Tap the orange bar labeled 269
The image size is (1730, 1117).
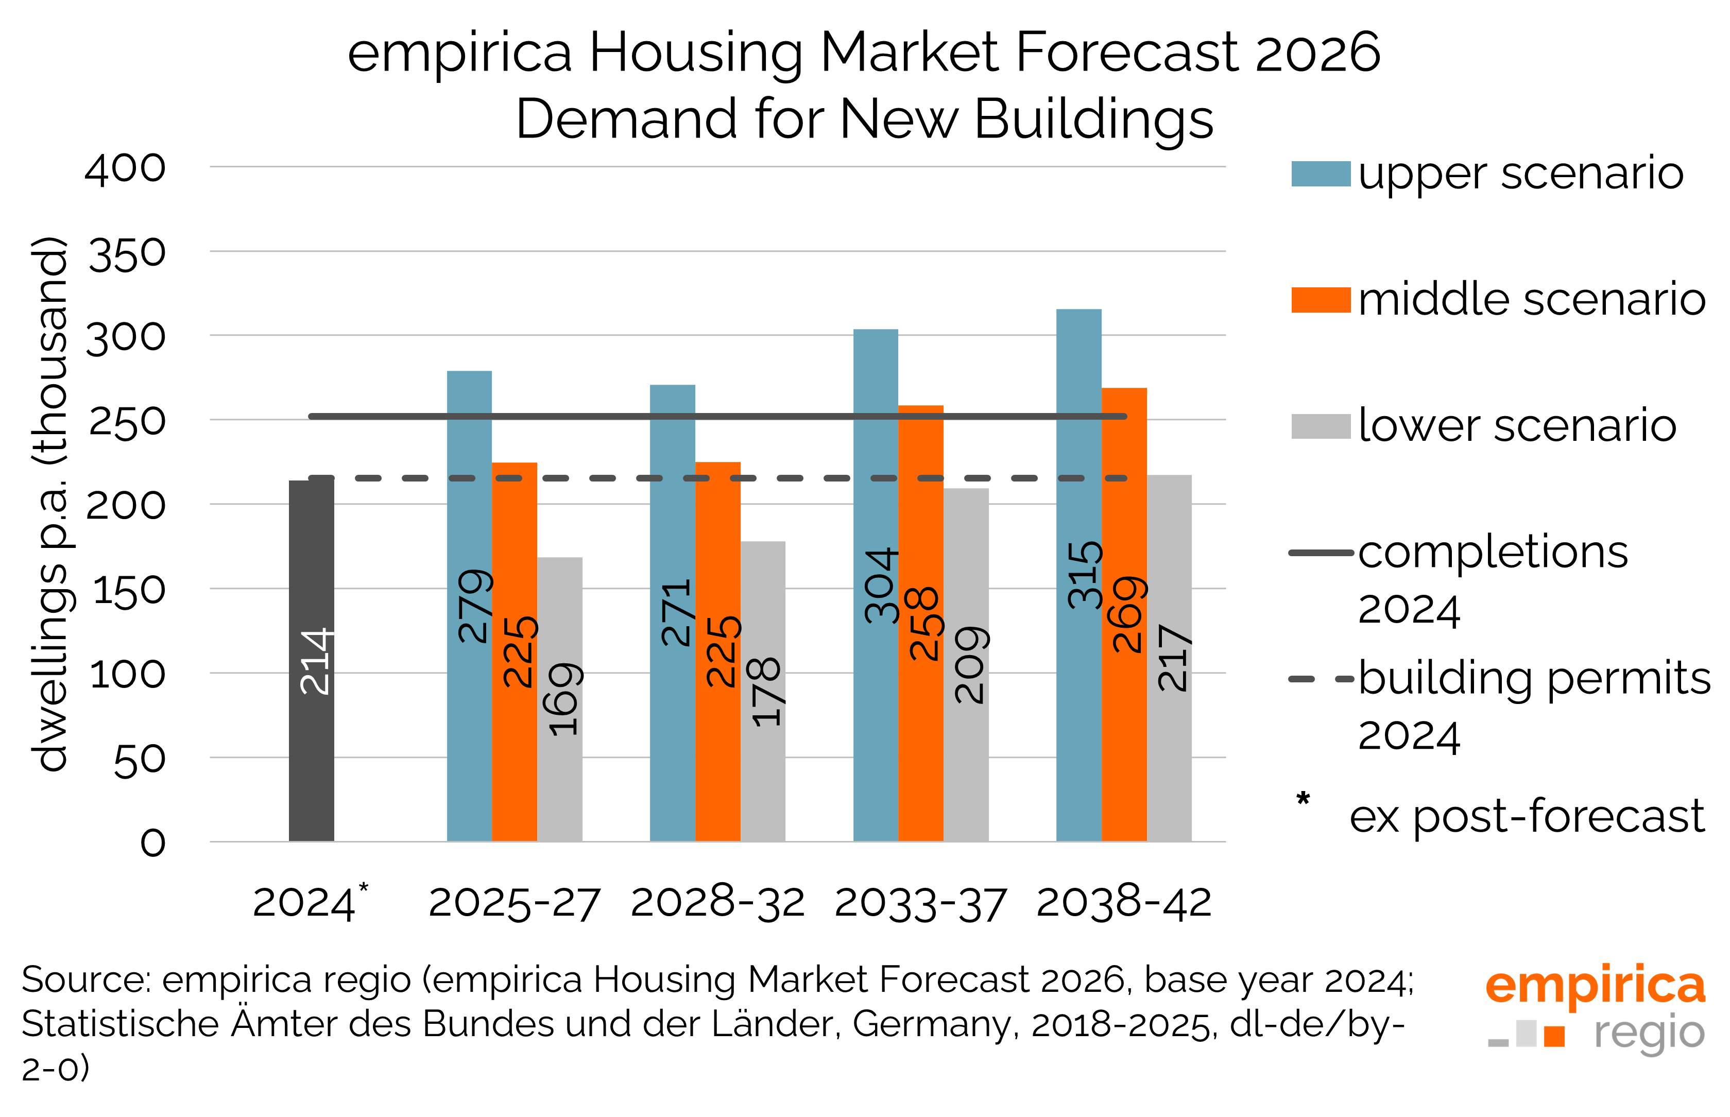pyautogui.click(x=1124, y=725)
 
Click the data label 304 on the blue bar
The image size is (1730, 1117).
pyautogui.click(x=881, y=586)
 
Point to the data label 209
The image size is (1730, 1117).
pyautogui.click(x=970, y=665)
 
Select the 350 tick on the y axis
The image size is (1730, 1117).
pyautogui.click(x=127, y=254)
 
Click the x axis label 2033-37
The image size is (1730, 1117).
pyautogui.click(x=920, y=904)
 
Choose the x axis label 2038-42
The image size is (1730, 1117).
pyautogui.click(x=1124, y=904)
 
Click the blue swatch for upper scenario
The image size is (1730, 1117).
pyautogui.click(x=1320, y=174)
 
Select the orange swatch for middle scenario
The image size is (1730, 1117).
pyautogui.click(x=1320, y=300)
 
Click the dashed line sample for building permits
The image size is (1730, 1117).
pyautogui.click(x=1320, y=679)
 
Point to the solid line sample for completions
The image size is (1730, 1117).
pyautogui.click(x=1320, y=553)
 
